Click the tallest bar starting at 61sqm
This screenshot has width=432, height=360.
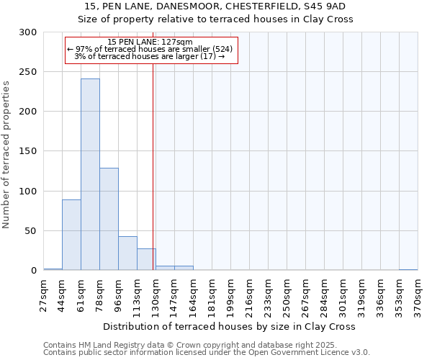pyautogui.click(x=90, y=175)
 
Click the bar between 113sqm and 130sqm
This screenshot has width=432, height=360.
pyautogui.click(x=146, y=259)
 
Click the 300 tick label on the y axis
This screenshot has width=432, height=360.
pyautogui.click(x=28, y=32)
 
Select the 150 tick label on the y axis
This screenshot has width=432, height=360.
pyautogui.click(x=28, y=152)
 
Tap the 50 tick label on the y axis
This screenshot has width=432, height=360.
pyautogui.click(x=31, y=231)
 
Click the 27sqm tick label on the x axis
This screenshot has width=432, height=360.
pyautogui.click(x=43, y=291)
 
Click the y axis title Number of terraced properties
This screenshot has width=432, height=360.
pyautogui.click(x=6, y=155)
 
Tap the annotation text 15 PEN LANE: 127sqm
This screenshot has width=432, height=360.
pyautogui.click(x=150, y=42)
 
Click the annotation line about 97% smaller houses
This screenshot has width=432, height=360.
pyautogui.click(x=150, y=49)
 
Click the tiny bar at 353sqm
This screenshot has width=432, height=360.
pyautogui.click(x=408, y=269)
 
